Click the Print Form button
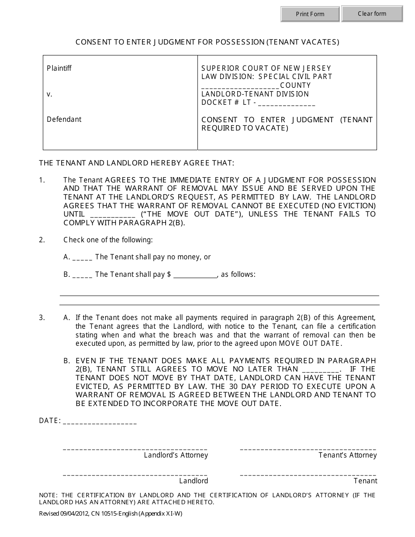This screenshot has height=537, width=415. pos(310,14)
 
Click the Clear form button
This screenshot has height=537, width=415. pos(372,14)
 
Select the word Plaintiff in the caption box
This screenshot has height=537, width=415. pos(59,68)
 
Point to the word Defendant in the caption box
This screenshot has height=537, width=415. pos(64,119)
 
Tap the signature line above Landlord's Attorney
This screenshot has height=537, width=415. pos(135,448)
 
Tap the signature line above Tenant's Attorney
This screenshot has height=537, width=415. pos(308,448)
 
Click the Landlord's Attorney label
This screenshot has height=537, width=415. pos(176,455)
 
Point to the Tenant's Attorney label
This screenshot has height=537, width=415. pos(347,455)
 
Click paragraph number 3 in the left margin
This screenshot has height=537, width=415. pos(42,317)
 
